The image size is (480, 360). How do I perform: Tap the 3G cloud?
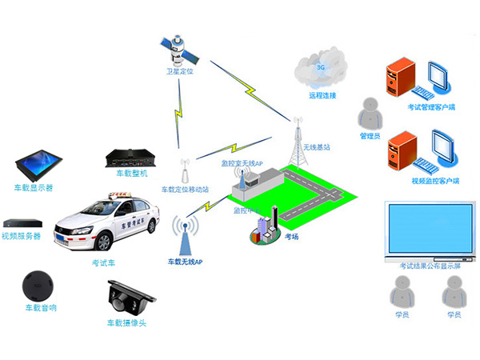tap(321, 70)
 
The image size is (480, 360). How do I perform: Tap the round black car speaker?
tap(38, 284)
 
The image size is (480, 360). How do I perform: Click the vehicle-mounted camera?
tap(126, 298)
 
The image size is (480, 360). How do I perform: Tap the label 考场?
tap(293, 238)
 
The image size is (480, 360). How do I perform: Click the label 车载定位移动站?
tap(185, 190)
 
